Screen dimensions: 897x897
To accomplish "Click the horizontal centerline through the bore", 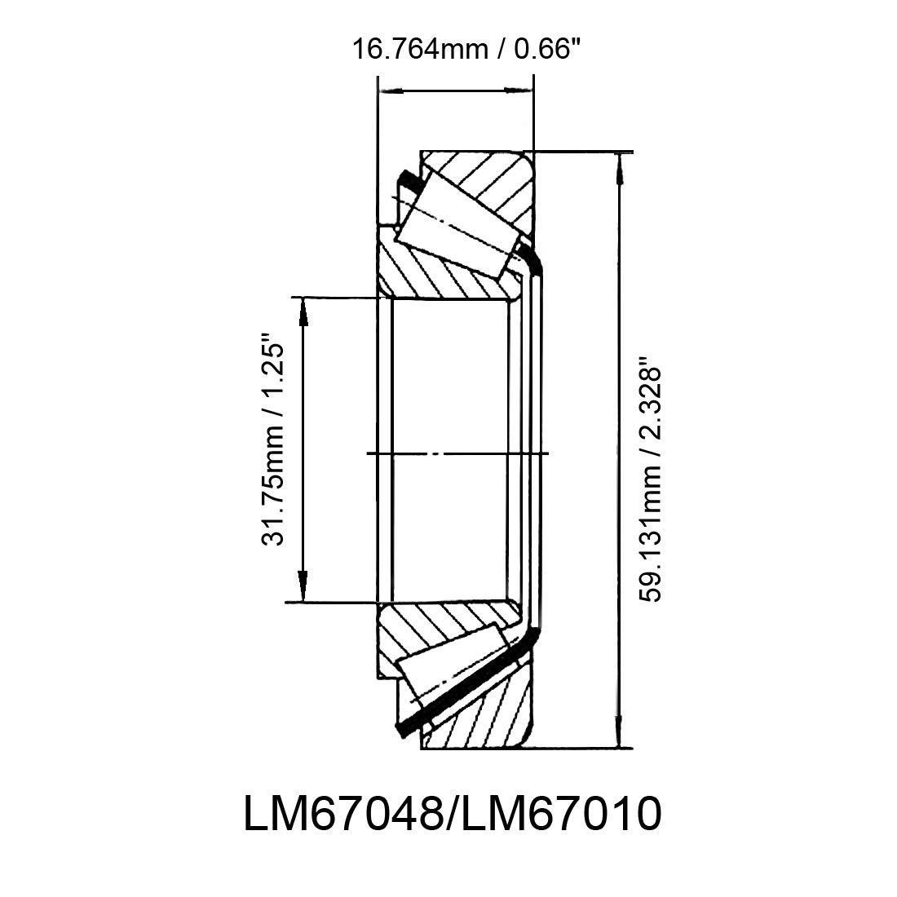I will (457, 453).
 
